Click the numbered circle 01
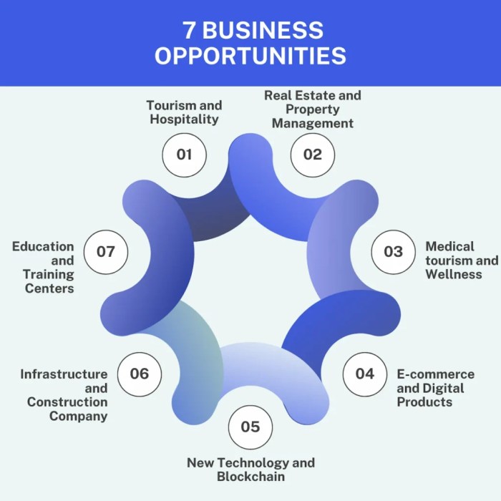(x=185, y=155)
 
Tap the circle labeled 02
(x=313, y=155)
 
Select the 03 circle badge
(x=394, y=252)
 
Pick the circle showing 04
(x=365, y=374)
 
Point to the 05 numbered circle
(x=250, y=427)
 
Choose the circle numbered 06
(x=140, y=374)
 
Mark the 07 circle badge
(x=106, y=252)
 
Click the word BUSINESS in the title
(x=263, y=30)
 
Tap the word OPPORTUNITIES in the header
(x=250, y=55)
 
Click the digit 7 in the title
(x=188, y=30)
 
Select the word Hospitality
(x=185, y=120)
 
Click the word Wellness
(x=454, y=274)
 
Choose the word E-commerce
(x=436, y=374)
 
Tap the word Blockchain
(x=250, y=477)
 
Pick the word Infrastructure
(x=64, y=374)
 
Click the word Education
(x=43, y=247)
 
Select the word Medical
(x=450, y=246)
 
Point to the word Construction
(x=67, y=402)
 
